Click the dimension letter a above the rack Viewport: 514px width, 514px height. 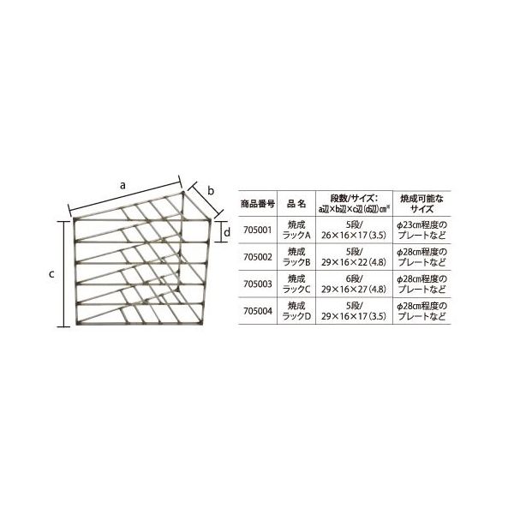click(x=123, y=184)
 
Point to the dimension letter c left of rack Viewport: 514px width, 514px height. click(x=51, y=273)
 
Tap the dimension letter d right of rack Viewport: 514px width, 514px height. click(x=226, y=232)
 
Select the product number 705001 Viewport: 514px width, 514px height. click(x=257, y=230)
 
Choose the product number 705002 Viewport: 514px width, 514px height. click(x=257, y=256)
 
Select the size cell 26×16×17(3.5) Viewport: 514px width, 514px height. click(x=354, y=235)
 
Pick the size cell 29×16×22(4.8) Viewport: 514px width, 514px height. click(x=354, y=261)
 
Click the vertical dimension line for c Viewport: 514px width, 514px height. click(x=64, y=273)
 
